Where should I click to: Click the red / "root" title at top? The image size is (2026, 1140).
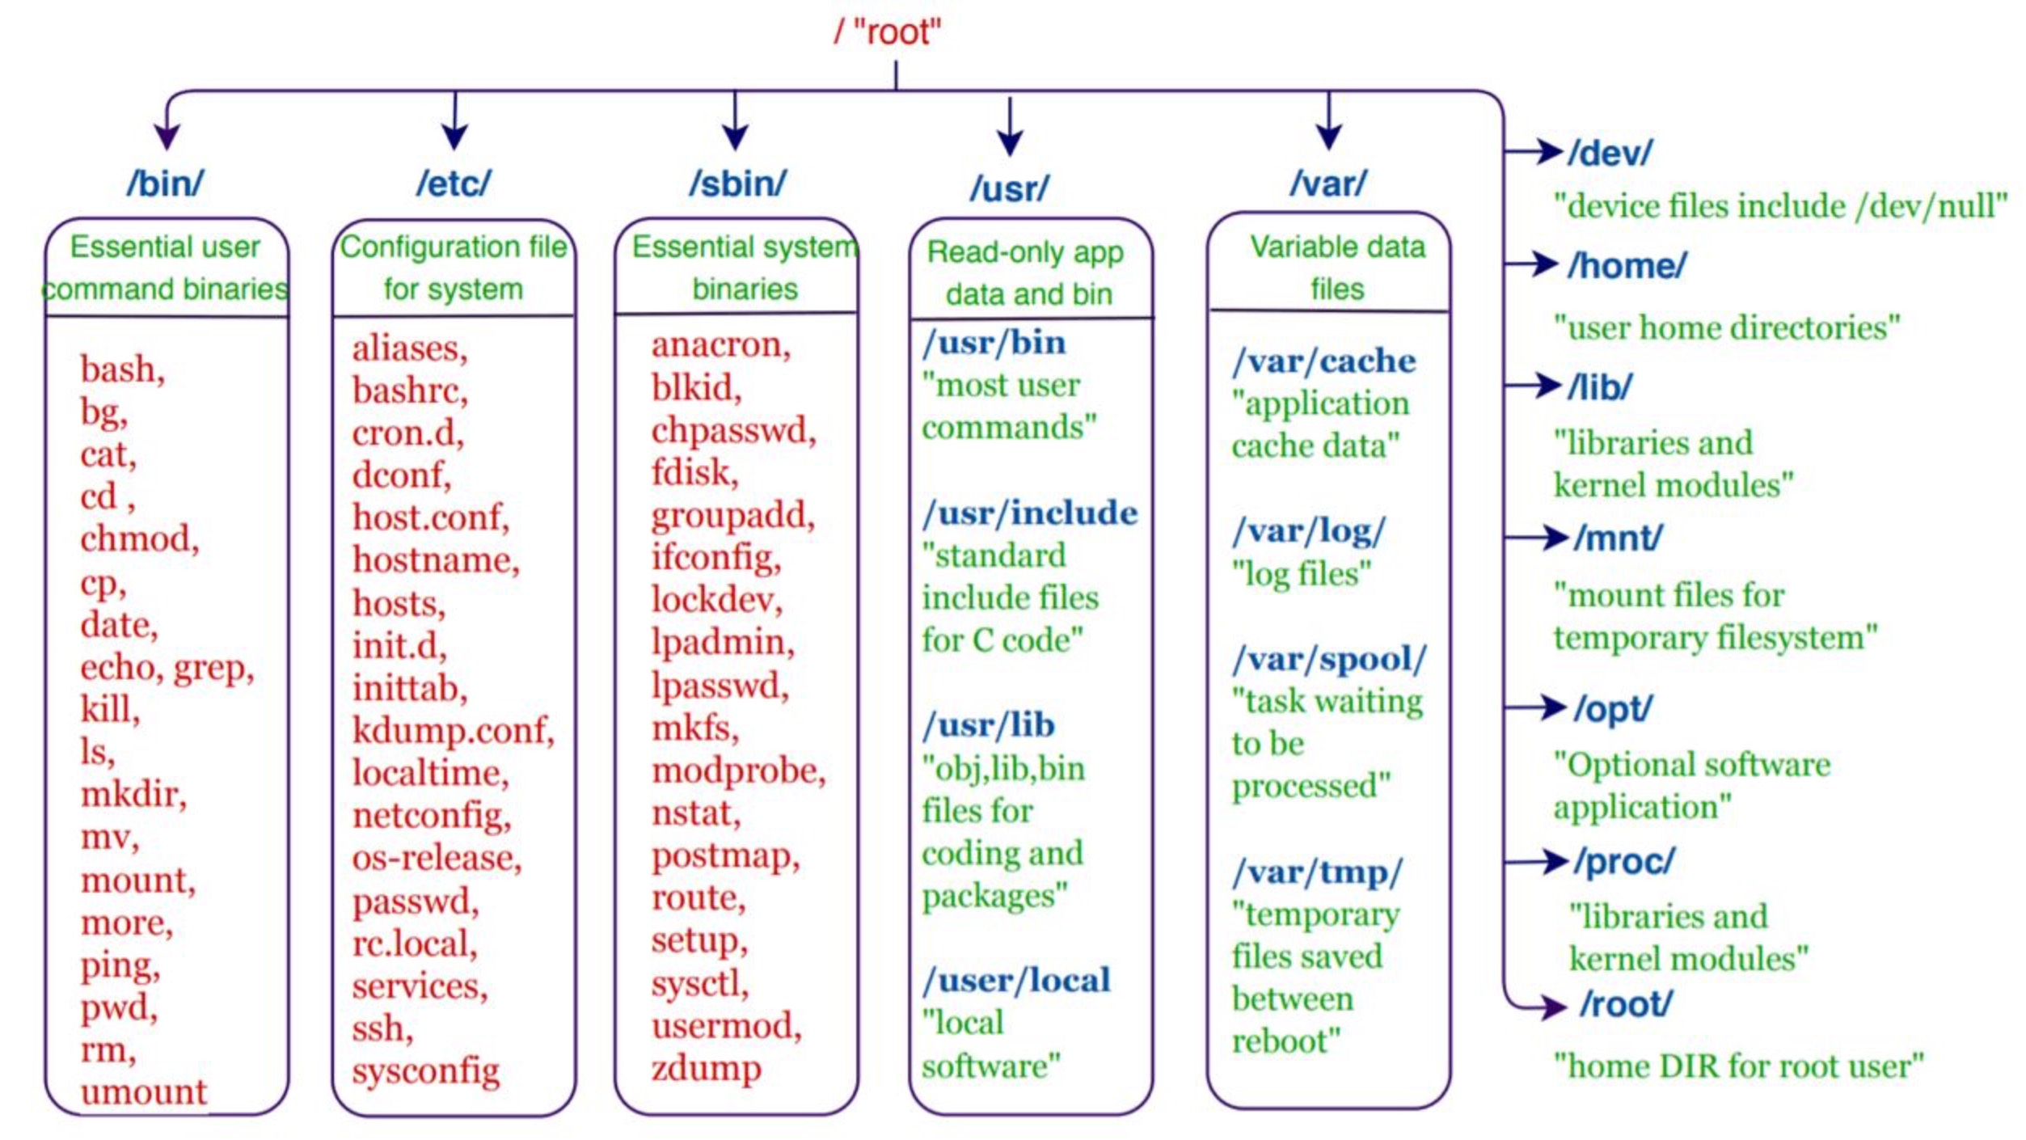(x=887, y=32)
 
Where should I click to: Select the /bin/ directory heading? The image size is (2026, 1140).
(x=165, y=184)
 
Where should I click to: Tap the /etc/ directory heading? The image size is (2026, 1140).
(x=453, y=184)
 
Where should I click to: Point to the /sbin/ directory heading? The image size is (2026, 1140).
(x=737, y=184)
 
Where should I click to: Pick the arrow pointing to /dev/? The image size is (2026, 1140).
(x=1534, y=150)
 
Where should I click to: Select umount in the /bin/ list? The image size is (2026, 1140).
(x=144, y=1091)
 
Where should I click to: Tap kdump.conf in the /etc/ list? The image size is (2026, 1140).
(x=453, y=731)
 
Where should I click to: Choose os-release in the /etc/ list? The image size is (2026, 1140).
(x=437, y=858)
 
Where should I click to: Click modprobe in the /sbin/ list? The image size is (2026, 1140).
(x=738, y=771)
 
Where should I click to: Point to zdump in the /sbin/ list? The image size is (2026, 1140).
(x=706, y=1068)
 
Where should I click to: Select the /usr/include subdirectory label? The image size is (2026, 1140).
(x=1030, y=513)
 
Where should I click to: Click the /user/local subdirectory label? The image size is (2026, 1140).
(x=1016, y=981)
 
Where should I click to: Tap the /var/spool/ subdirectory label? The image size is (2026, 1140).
(x=1329, y=660)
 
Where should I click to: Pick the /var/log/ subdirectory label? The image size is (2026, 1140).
(x=1308, y=531)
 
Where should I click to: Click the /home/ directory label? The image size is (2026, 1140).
(x=1627, y=266)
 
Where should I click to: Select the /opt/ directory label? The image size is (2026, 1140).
(x=1613, y=709)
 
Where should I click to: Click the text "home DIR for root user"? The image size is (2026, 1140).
(x=1738, y=1066)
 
